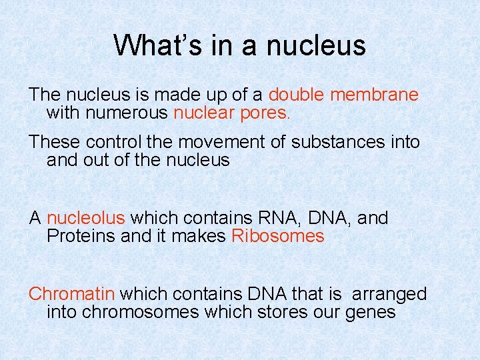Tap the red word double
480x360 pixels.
pos(296,95)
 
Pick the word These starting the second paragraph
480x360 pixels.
pos(52,142)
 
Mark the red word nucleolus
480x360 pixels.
pos(86,218)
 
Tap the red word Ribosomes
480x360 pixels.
pos(277,236)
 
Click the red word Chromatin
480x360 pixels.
pos(72,294)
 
